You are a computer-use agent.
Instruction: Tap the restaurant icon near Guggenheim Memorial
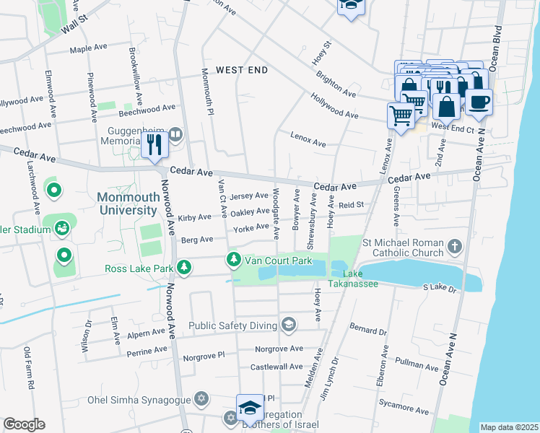tap(154, 146)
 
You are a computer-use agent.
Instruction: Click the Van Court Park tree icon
tap(233, 259)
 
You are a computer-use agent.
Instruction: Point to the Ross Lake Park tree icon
tap(185, 268)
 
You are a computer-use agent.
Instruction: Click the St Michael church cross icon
tap(455, 248)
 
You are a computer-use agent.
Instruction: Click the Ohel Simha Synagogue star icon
tap(202, 399)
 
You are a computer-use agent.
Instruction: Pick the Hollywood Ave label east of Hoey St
tap(334, 105)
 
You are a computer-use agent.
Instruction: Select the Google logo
tap(24, 424)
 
